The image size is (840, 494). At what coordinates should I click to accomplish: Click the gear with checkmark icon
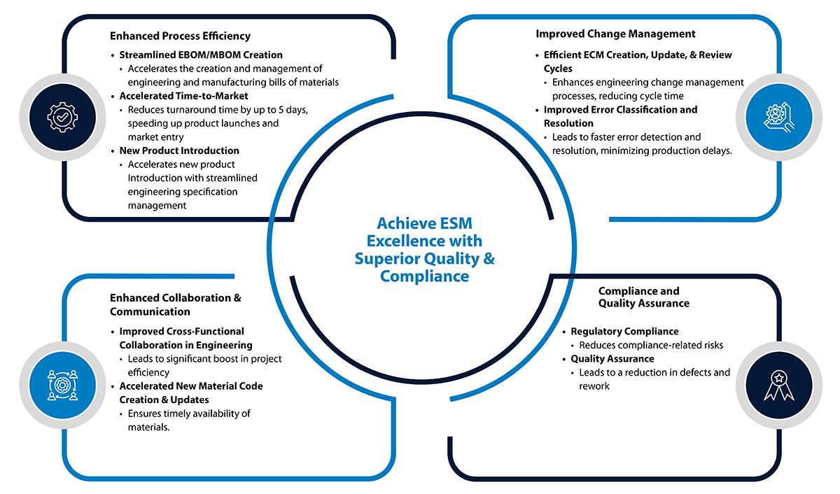coord(62,118)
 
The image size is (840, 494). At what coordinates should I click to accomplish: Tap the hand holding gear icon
coord(778,118)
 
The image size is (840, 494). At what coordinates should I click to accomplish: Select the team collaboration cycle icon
coord(62,385)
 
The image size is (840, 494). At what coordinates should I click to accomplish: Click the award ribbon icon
coord(778,386)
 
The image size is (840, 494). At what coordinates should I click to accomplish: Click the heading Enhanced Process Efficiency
coord(180,36)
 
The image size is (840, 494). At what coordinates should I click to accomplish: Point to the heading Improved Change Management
coord(615,34)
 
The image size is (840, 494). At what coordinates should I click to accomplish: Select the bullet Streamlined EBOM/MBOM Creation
coord(201,55)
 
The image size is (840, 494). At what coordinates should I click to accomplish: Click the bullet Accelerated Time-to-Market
coord(183,96)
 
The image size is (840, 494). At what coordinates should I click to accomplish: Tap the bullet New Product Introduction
coord(179,150)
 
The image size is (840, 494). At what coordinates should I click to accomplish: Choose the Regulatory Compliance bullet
coord(624,332)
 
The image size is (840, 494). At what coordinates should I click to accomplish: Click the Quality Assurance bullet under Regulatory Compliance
coord(612,359)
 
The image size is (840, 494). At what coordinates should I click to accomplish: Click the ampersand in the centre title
coord(489,259)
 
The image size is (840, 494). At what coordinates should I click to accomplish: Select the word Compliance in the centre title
coord(424,276)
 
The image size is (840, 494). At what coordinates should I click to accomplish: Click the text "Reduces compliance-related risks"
coord(651,345)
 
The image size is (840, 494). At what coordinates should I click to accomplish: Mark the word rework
coord(594,386)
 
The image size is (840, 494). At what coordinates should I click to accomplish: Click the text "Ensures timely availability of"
coord(189,414)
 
